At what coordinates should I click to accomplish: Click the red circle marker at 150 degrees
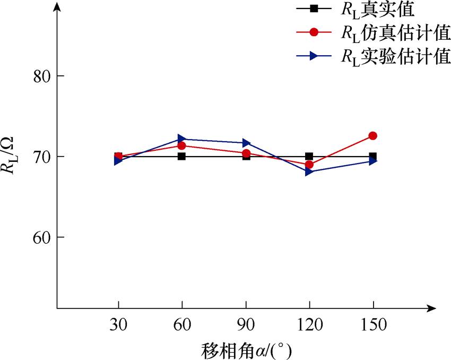click(372, 136)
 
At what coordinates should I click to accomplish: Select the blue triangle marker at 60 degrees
click(181, 139)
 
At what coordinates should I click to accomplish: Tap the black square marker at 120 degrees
click(309, 157)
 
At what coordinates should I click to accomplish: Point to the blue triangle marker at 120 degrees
click(309, 172)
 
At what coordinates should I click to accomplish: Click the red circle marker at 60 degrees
click(181, 145)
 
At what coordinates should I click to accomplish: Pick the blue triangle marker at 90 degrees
click(246, 143)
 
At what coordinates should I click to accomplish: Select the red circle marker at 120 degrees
click(309, 165)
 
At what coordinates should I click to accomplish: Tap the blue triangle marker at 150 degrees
click(372, 161)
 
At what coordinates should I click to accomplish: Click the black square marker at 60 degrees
click(181, 157)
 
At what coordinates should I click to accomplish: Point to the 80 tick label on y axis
click(38, 76)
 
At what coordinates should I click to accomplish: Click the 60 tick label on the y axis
click(38, 237)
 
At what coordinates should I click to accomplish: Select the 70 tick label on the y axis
click(38, 157)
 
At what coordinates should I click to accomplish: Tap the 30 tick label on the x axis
click(118, 324)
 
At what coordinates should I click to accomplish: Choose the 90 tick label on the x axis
click(246, 324)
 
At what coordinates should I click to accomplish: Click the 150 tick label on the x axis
click(373, 324)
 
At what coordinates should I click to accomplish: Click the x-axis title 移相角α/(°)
click(247, 350)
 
